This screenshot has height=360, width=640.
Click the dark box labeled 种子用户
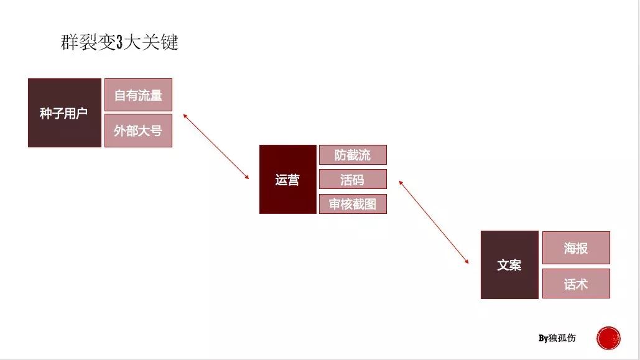click(65, 113)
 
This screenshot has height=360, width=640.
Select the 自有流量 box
click(138, 95)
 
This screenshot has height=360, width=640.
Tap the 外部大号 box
click(138, 131)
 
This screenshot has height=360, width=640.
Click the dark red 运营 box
click(288, 179)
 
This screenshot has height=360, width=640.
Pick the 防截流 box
click(353, 155)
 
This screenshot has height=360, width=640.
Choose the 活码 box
click(353, 179)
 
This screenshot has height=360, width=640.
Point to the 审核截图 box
click(353, 204)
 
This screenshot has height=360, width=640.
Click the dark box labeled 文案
click(509, 265)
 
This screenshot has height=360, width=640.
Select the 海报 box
click(576, 247)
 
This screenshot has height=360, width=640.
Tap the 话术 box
click(576, 284)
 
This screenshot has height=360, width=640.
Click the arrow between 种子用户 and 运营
click(216, 147)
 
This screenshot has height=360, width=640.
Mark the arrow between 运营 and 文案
click(434, 221)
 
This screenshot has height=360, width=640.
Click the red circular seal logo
click(608, 338)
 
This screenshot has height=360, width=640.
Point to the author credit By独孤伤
click(557, 338)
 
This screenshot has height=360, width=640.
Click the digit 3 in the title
click(119, 42)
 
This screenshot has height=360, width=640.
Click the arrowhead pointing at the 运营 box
click(247, 177)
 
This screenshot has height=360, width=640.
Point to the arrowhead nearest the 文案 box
click(467, 261)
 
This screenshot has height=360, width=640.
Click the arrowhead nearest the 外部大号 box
click(185, 116)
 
